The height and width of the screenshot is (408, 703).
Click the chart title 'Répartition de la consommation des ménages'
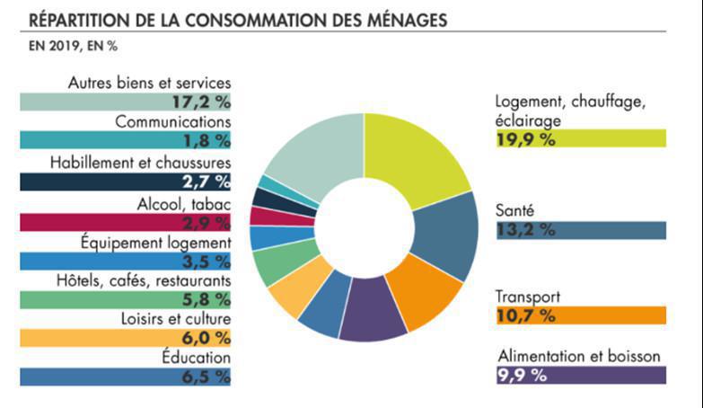pos(238,19)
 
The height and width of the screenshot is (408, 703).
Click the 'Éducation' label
pos(196,358)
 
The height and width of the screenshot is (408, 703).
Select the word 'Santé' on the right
pos(516,210)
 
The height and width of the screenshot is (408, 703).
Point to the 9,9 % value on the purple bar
pos(522,376)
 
